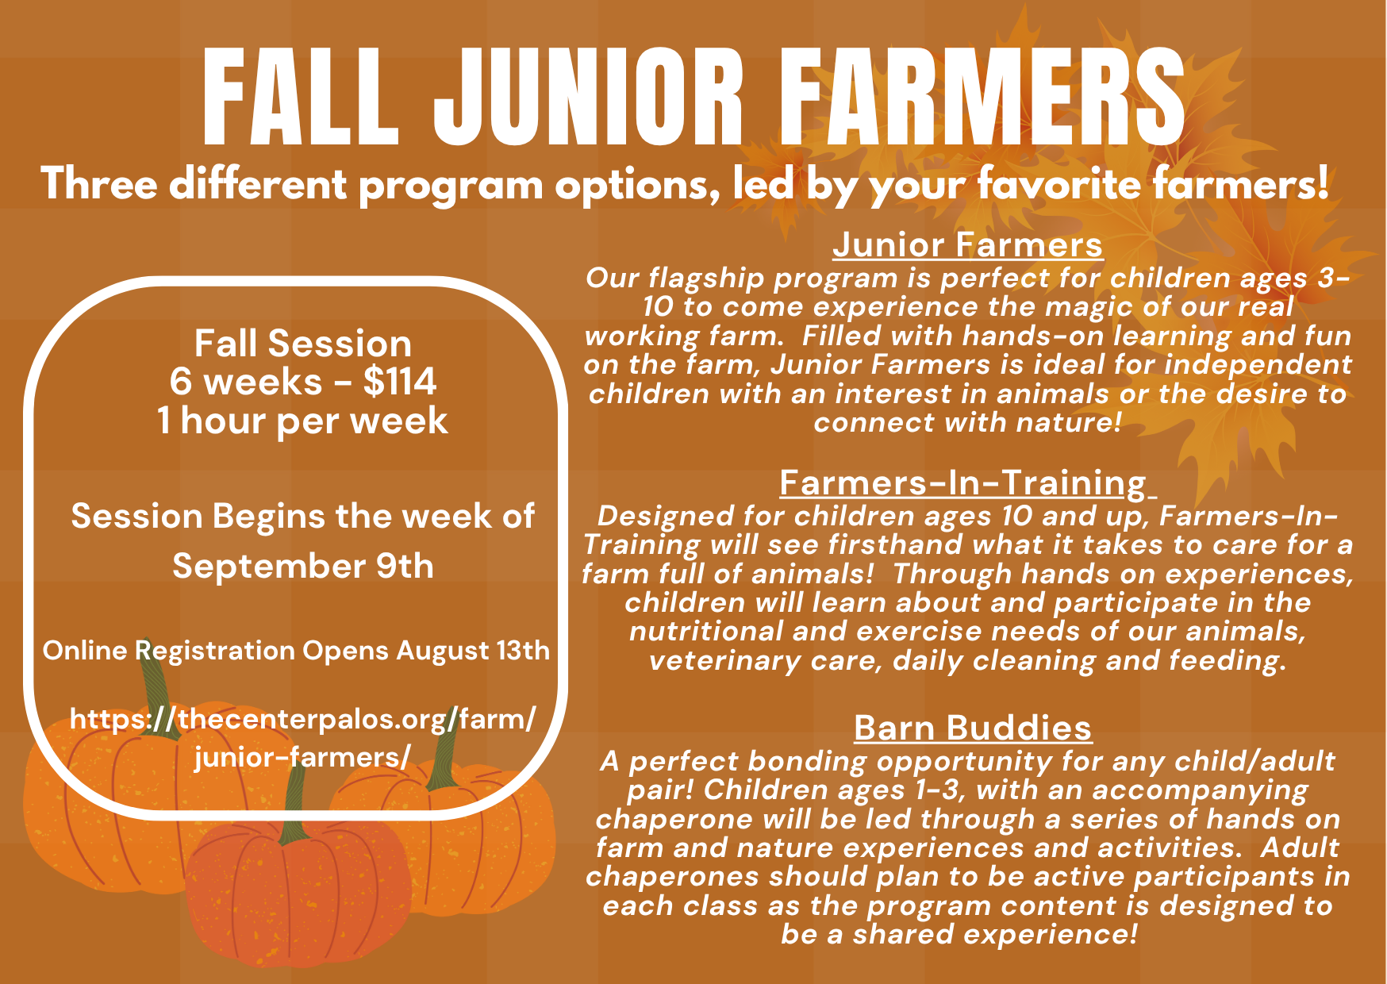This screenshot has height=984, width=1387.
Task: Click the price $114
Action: (400, 382)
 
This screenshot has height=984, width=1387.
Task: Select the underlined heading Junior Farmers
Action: (967, 244)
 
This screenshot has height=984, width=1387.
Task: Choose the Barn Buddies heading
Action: (973, 728)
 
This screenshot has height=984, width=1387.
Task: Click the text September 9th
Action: (303, 567)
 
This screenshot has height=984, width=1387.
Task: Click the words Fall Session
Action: (303, 344)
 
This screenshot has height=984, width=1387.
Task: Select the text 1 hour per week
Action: (303, 421)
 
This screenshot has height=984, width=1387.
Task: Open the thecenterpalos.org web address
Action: (303, 738)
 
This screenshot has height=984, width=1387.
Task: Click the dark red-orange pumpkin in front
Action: (298, 893)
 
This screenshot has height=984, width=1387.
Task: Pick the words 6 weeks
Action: (245, 382)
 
